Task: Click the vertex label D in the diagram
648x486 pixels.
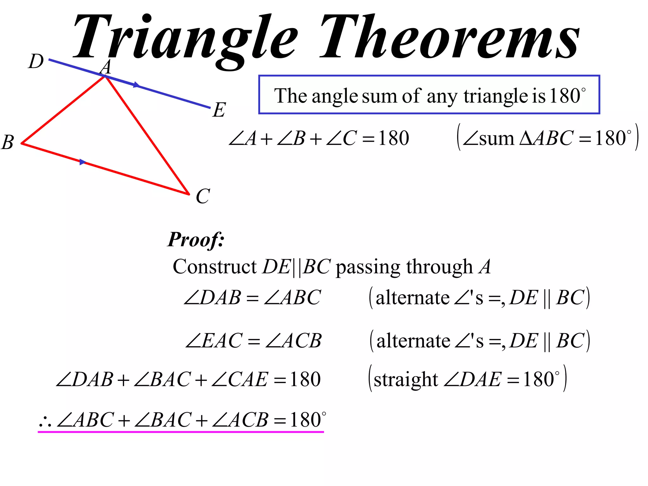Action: (36, 61)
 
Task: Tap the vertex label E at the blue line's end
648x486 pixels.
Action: (219, 110)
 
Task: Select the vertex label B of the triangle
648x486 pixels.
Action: (8, 142)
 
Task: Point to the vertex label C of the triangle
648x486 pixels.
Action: (202, 196)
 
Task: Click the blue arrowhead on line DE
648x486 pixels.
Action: (136, 85)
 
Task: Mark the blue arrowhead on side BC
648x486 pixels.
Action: (83, 162)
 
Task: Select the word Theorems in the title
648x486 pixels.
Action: (449, 37)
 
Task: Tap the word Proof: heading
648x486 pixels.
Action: (196, 240)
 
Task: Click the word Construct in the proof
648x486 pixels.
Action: (214, 267)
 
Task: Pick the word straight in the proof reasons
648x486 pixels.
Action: (406, 380)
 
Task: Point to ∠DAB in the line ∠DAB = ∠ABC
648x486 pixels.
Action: (212, 298)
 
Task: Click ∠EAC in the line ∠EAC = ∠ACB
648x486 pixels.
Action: (214, 341)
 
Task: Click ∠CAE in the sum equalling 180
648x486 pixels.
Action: (240, 380)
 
